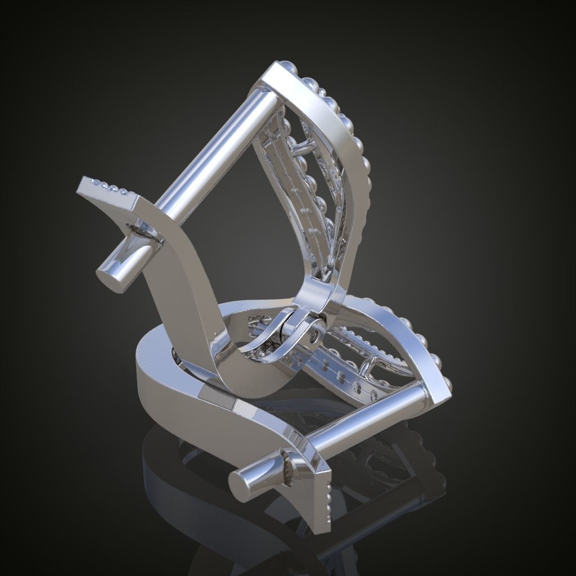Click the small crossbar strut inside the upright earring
click(x=303, y=148)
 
